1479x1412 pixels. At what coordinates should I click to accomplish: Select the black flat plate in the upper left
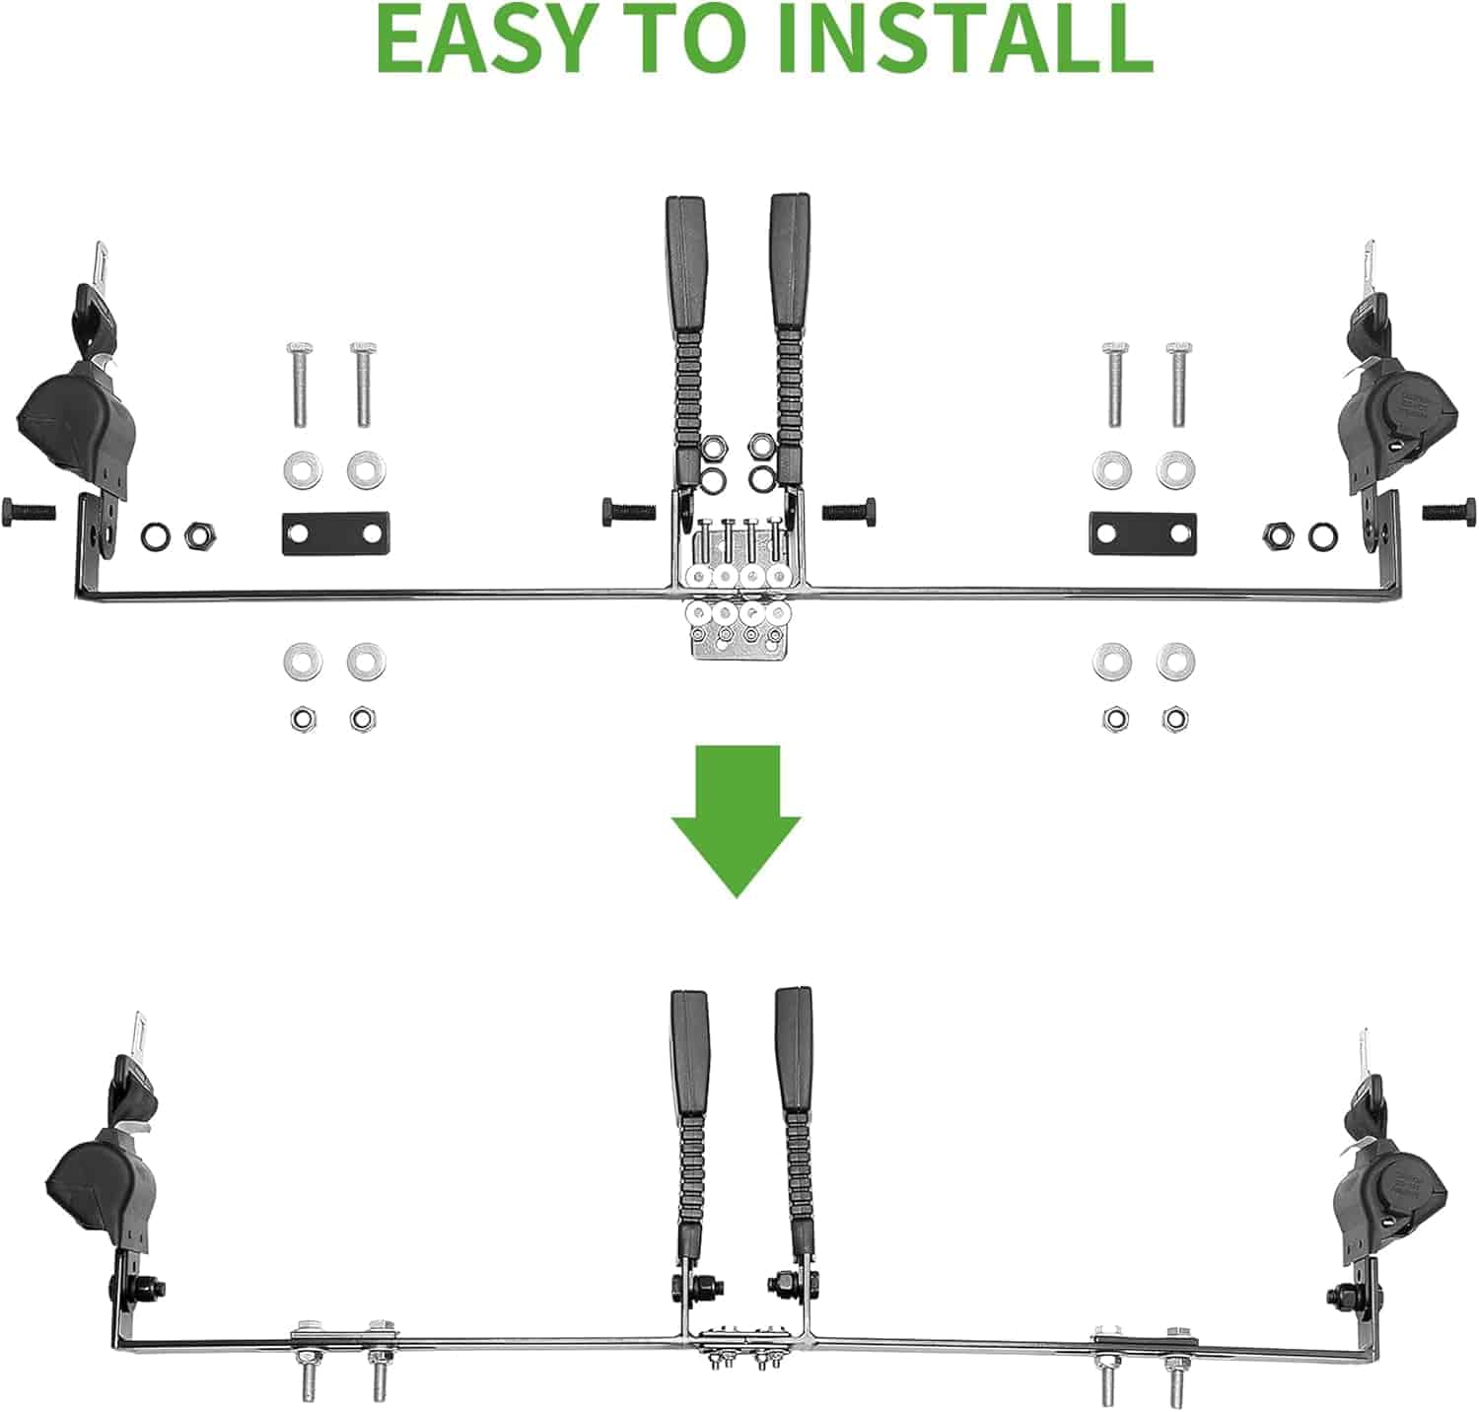coord(335,533)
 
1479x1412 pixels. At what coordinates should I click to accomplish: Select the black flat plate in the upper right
coord(1143,533)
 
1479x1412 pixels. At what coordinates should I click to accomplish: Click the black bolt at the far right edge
coord(1449,511)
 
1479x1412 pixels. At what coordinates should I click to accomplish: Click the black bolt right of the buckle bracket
coord(849,511)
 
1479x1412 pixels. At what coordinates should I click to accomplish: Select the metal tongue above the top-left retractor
coord(100,267)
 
